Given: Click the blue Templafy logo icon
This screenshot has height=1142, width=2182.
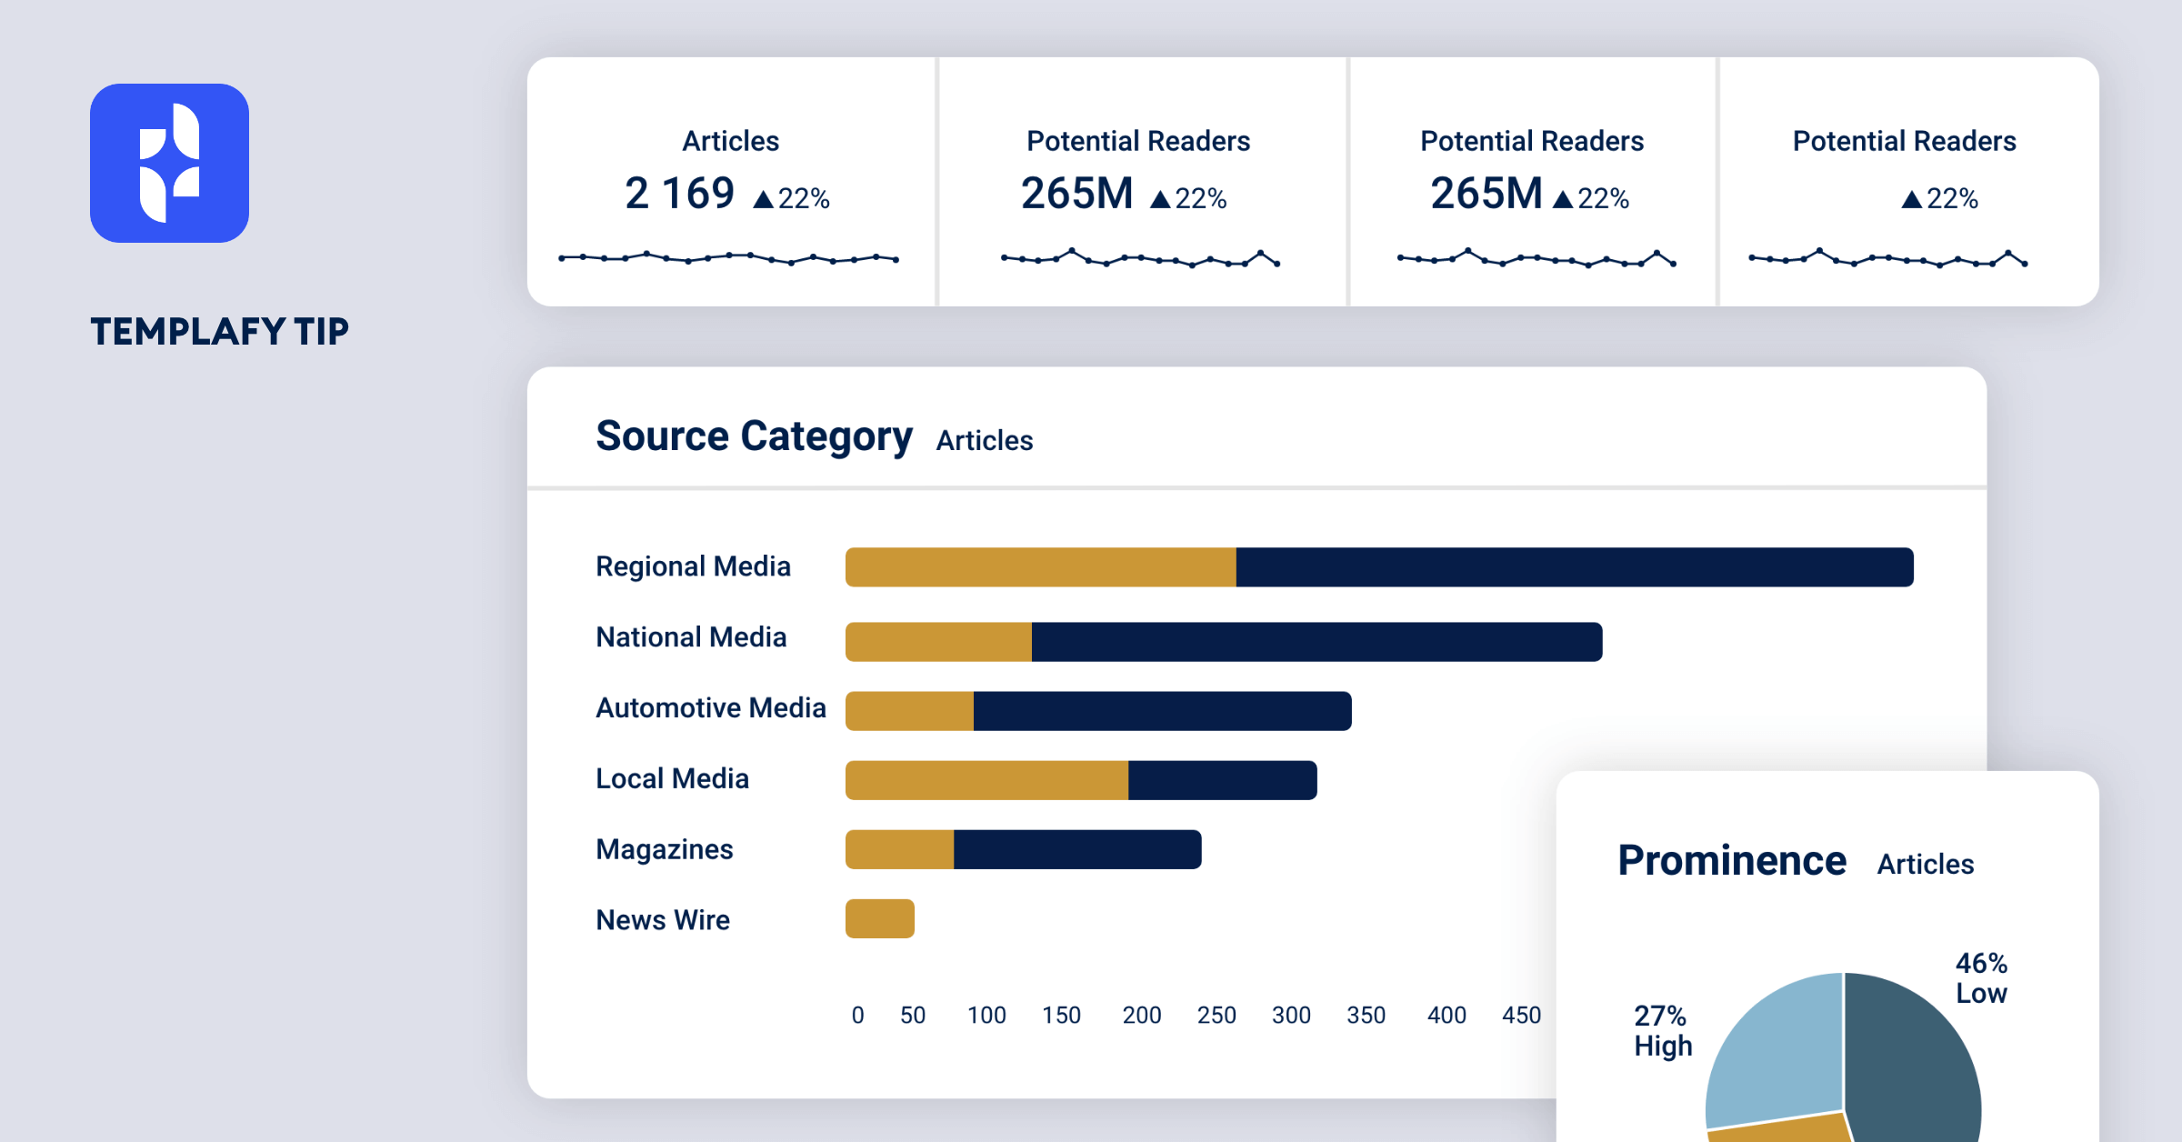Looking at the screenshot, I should coord(169,163).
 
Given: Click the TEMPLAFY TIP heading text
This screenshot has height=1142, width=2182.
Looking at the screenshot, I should coord(219,332).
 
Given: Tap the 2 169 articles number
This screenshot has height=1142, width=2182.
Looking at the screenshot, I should coord(679,194).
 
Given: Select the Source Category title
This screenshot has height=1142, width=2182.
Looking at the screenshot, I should coord(754,436).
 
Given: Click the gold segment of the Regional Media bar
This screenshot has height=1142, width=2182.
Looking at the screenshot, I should coord(1040,567).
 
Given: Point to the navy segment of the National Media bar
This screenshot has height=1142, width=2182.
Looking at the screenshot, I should coord(1316,642).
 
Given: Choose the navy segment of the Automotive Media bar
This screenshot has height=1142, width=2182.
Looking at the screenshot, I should coord(1162,711).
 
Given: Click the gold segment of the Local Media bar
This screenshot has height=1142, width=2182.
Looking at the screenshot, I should coord(986,780).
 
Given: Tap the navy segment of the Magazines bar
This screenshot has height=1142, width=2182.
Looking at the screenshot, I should coord(1077,849).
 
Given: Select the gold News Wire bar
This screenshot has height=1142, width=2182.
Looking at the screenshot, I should coord(880,918).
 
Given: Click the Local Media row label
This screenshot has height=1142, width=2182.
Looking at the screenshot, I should coord(672,779).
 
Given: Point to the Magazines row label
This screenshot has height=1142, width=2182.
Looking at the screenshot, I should coord(664,849).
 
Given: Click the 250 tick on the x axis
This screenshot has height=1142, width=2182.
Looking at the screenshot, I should coord(1216,1016).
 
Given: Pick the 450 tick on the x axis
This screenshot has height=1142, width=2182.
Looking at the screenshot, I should coord(1521,1016).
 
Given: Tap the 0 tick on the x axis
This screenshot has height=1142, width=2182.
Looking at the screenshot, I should coord(857,1016).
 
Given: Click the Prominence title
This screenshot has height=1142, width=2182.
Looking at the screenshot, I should coord(1731,861).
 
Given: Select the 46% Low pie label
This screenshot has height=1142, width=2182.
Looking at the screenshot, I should coord(1981,978).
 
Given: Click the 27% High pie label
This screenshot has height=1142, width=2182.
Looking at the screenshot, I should coord(1662,1031).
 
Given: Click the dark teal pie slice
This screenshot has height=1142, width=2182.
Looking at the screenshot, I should coord(1909,1064).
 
